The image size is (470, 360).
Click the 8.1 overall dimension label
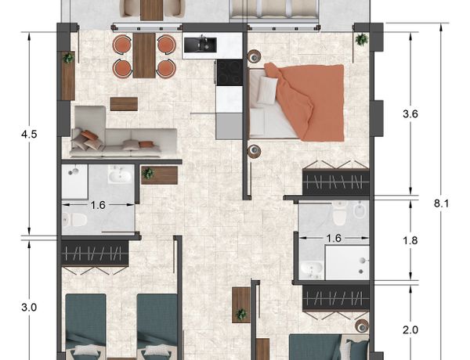click(x=442, y=203)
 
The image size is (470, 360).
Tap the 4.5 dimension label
click(x=29, y=134)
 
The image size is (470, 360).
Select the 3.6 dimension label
click(x=410, y=114)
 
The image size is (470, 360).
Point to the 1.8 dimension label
click(x=410, y=240)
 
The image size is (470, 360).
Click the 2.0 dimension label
click(x=410, y=330)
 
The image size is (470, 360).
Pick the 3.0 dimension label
click(x=29, y=308)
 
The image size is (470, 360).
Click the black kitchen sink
click(x=201, y=45)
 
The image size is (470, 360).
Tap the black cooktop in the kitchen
click(x=230, y=73)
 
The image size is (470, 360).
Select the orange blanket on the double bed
click(x=305, y=101)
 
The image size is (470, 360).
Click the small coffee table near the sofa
click(x=124, y=104)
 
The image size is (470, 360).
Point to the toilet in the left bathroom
click(x=74, y=220)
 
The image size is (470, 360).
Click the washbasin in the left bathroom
click(x=120, y=176)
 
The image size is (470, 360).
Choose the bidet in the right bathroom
click(x=359, y=211)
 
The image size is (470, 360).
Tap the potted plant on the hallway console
click(x=148, y=174)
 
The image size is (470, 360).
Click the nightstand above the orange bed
click(x=254, y=56)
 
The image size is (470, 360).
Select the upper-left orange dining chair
click(x=122, y=45)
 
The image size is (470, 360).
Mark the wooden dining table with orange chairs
click(x=144, y=56)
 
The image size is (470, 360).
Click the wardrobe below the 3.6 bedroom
click(x=336, y=182)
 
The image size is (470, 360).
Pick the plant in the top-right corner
click(x=361, y=39)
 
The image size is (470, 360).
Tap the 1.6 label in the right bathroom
click(x=334, y=238)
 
